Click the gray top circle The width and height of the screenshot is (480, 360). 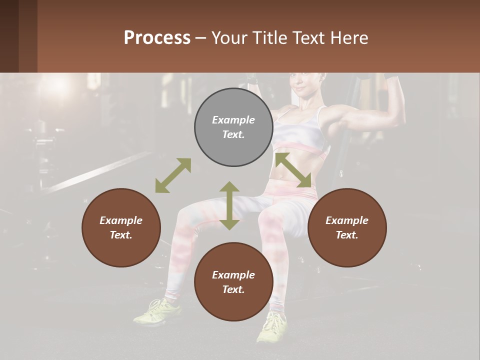coord(233,127)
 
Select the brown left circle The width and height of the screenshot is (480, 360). coord(121,227)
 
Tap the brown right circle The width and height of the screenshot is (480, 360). coord(347,227)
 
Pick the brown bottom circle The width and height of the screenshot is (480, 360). coord(233,282)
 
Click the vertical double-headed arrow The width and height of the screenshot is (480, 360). coord(229,205)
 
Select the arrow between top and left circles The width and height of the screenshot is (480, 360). coord(173,175)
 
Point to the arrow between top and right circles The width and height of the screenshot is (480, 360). coord(293,170)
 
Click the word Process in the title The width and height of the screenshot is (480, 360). coord(157,38)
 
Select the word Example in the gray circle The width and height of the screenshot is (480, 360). coord(233,120)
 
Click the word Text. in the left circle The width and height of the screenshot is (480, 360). coord(121,235)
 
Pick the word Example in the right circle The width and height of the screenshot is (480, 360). coord(347,220)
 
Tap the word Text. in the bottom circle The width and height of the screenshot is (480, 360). coord(233,289)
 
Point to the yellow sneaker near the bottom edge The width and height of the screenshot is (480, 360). coord(272,327)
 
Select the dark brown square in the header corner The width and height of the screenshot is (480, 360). coord(18,36)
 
